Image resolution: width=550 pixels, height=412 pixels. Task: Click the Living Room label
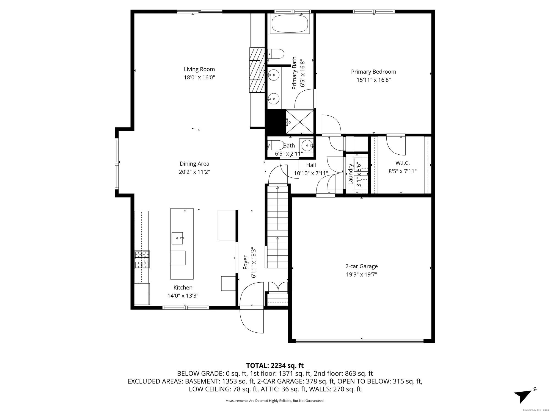(199, 69)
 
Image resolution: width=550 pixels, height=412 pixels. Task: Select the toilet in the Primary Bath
(276, 54)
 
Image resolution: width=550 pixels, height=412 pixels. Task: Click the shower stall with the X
(300, 122)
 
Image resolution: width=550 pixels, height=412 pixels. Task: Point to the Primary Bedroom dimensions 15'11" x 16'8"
(373, 80)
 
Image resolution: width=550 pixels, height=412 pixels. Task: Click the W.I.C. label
(402, 163)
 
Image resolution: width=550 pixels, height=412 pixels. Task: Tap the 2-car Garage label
(361, 266)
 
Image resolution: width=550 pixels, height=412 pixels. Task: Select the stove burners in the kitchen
(142, 259)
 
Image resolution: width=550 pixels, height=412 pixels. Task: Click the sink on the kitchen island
(177, 238)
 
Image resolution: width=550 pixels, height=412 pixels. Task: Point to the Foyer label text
(246, 263)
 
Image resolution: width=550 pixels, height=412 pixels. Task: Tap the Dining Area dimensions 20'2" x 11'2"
(194, 172)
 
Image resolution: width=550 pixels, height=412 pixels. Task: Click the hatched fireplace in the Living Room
(257, 70)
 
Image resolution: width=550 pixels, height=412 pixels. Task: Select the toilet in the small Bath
(276, 145)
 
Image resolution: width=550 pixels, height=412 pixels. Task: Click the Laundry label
(351, 174)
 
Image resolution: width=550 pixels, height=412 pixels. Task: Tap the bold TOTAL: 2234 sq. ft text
(275, 366)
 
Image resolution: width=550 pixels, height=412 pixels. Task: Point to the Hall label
(311, 165)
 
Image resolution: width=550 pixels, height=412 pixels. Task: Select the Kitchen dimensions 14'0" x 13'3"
(183, 296)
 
